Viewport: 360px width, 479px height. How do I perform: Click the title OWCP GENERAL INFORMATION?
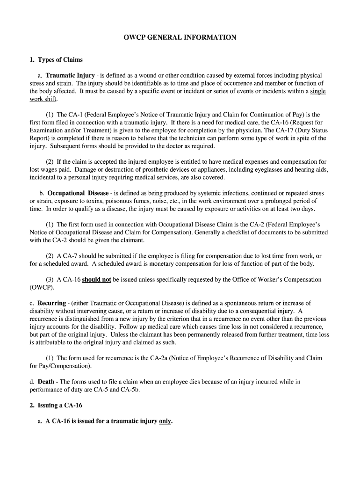pyautogui.click(x=180, y=37)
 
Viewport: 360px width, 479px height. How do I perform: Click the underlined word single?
pyautogui.click(x=317, y=91)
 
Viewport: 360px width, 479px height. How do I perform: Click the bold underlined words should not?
pyautogui.click(x=97, y=279)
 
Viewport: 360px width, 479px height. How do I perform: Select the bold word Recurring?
pyautogui.click(x=51, y=303)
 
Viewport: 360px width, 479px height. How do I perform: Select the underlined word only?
pyautogui.click(x=166, y=421)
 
